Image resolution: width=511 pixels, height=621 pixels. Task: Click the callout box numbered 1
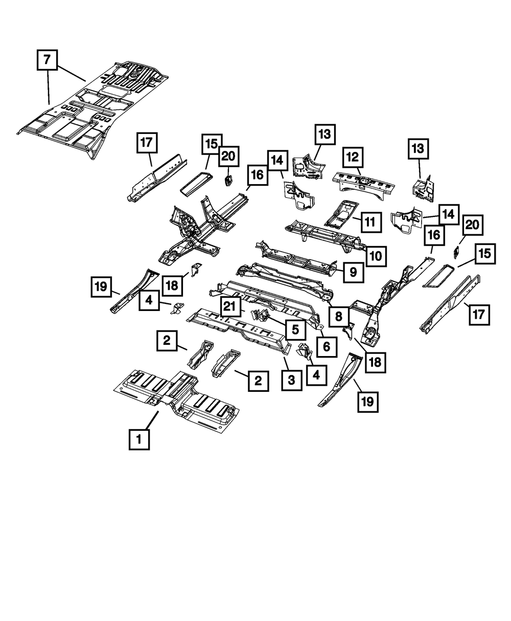[x=139, y=439]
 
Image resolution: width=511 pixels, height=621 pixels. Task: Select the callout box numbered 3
[x=291, y=380]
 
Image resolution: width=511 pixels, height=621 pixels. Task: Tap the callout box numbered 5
[x=295, y=329]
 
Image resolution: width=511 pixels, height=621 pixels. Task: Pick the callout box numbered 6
[x=327, y=347]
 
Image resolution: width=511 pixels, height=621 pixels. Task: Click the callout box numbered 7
[x=47, y=60]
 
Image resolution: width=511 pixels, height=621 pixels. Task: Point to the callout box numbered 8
[x=339, y=317]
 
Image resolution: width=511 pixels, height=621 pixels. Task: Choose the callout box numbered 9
[x=353, y=272]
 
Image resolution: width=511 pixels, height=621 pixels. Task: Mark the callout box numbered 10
[x=376, y=256]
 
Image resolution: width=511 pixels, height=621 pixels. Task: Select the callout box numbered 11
[x=371, y=222]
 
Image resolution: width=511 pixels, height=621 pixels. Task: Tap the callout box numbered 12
[x=353, y=158]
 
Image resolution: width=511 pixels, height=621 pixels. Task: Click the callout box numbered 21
[x=230, y=306]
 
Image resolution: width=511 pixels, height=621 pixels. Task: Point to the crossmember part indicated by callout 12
[x=364, y=185]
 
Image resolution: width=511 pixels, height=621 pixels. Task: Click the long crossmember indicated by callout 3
[x=238, y=330]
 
